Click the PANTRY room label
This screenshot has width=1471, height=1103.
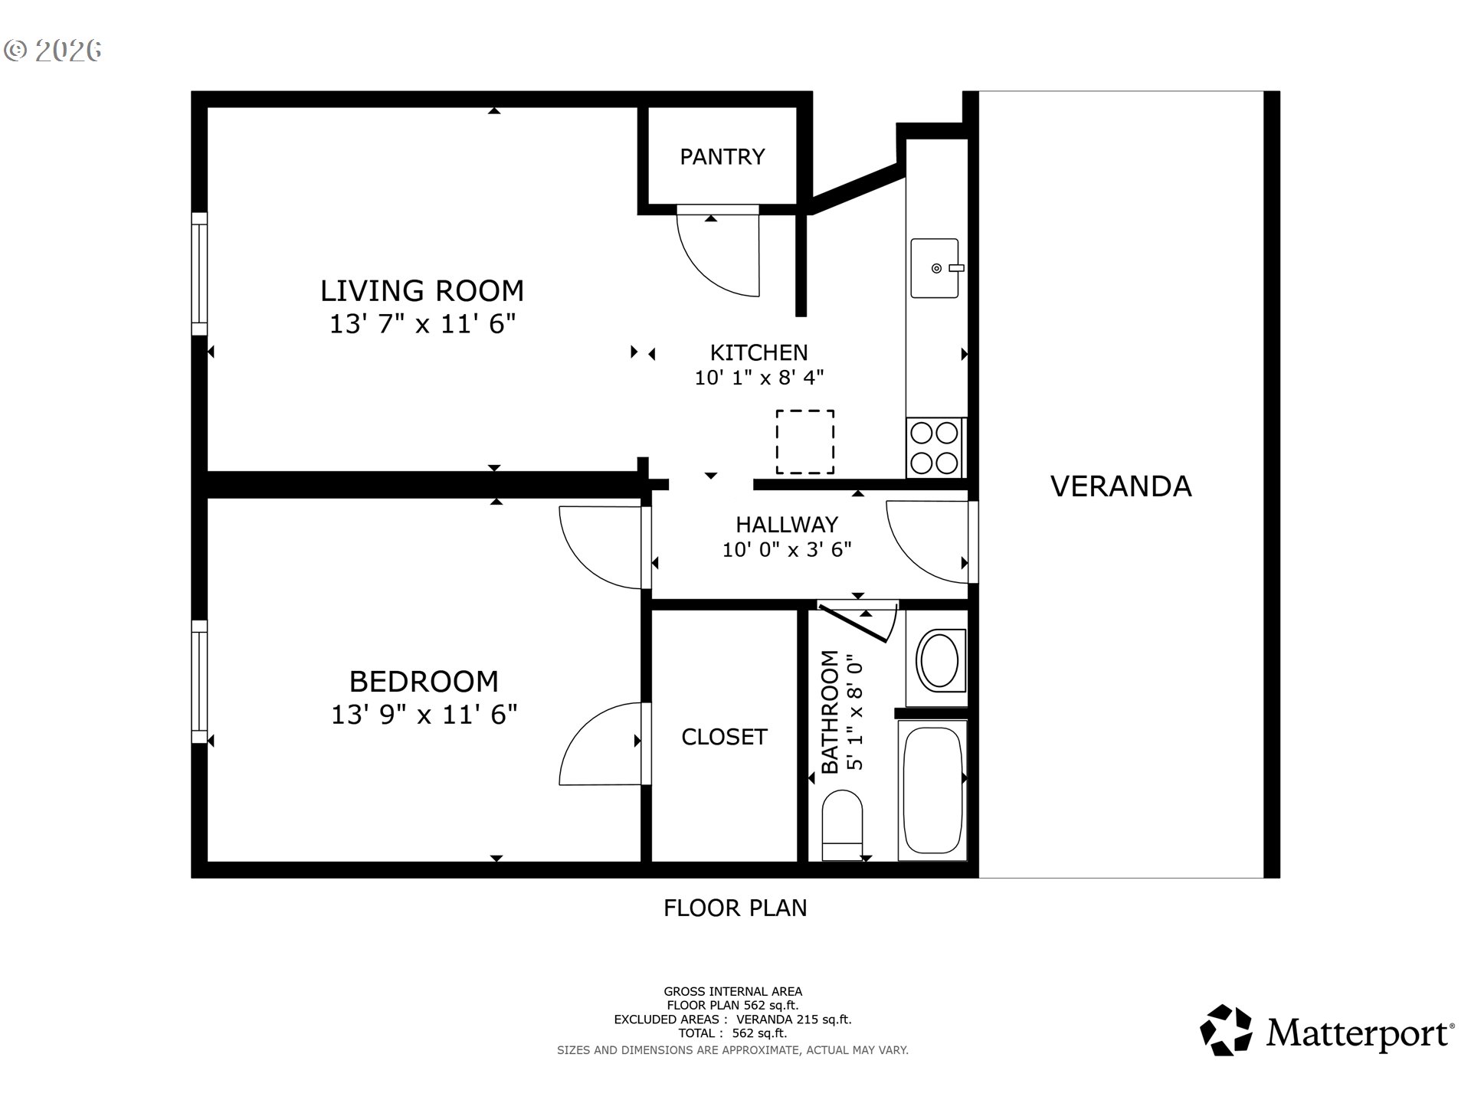tap(722, 157)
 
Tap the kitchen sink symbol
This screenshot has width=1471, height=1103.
tap(935, 268)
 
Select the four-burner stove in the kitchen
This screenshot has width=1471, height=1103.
tap(935, 448)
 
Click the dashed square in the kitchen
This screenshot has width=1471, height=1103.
tap(804, 442)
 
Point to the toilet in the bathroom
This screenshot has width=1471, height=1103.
tap(842, 826)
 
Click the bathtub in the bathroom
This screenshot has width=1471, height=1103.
tap(932, 790)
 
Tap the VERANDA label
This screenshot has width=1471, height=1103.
tap(1120, 486)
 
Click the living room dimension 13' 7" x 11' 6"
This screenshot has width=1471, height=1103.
tap(422, 325)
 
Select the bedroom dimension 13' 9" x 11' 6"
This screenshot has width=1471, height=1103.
tap(424, 715)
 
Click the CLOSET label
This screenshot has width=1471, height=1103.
tap(724, 737)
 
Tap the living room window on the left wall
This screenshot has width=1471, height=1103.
tap(199, 273)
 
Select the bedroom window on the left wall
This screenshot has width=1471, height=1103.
tap(199, 682)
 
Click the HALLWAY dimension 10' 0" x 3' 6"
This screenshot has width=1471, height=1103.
tap(787, 550)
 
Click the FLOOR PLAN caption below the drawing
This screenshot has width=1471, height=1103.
tap(735, 908)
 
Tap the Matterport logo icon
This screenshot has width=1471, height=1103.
tap(1225, 1030)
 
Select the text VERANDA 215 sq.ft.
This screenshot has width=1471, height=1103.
tap(793, 1020)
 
